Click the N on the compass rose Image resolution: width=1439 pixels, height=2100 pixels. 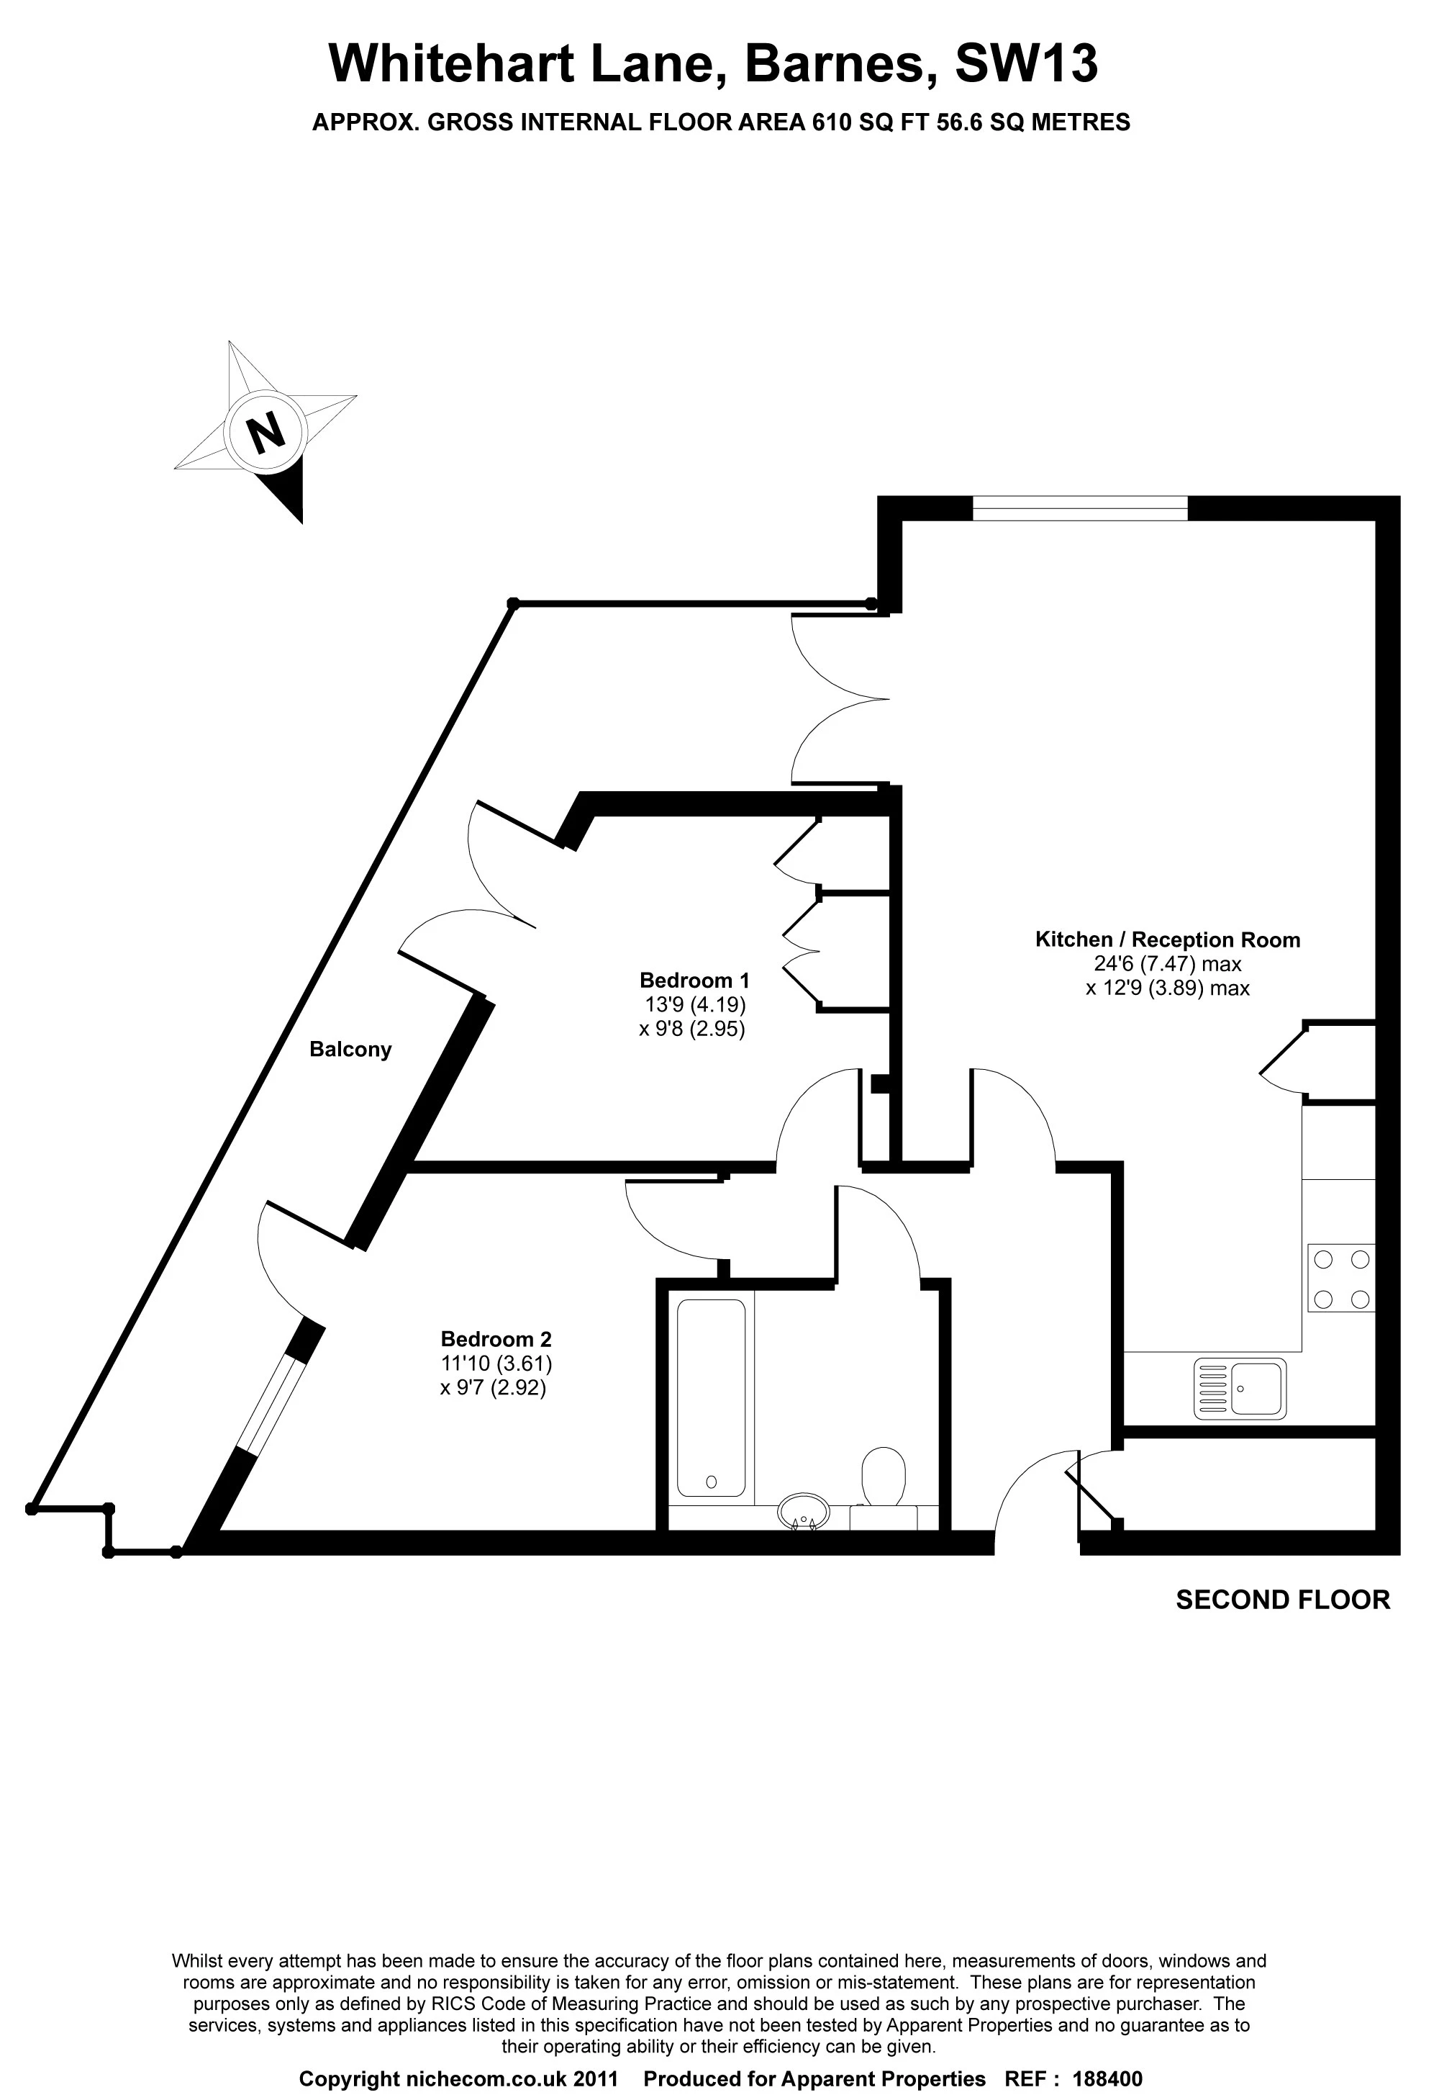(265, 432)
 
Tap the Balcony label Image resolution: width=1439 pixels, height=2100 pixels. (350, 1049)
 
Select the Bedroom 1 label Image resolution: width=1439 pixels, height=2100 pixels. (694, 980)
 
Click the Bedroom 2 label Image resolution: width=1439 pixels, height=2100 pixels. (495, 1339)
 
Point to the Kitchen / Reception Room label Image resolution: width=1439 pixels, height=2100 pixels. (1167, 939)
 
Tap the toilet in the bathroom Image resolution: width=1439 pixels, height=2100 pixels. (884, 1477)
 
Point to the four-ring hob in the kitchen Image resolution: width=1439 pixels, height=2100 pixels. (1340, 1278)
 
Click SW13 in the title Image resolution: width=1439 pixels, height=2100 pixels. (1026, 64)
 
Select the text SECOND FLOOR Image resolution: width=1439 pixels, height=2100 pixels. (1282, 1600)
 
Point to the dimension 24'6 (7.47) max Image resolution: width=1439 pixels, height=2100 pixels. (1167, 963)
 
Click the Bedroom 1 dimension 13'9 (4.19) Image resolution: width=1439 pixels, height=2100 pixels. (694, 1004)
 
